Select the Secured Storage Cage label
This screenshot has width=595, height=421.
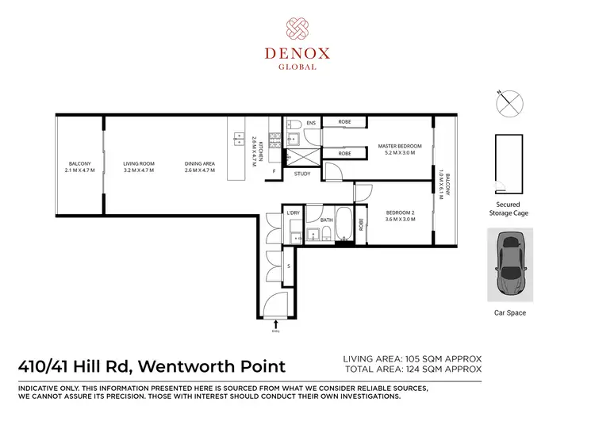click(x=507, y=209)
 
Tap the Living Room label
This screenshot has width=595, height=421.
click(x=139, y=166)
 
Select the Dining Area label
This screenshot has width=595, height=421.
click(x=200, y=166)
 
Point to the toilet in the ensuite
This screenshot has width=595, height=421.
click(x=294, y=125)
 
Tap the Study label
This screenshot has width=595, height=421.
click(x=302, y=174)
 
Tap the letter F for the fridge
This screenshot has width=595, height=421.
click(x=274, y=171)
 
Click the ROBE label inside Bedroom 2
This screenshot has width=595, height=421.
click(x=361, y=224)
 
